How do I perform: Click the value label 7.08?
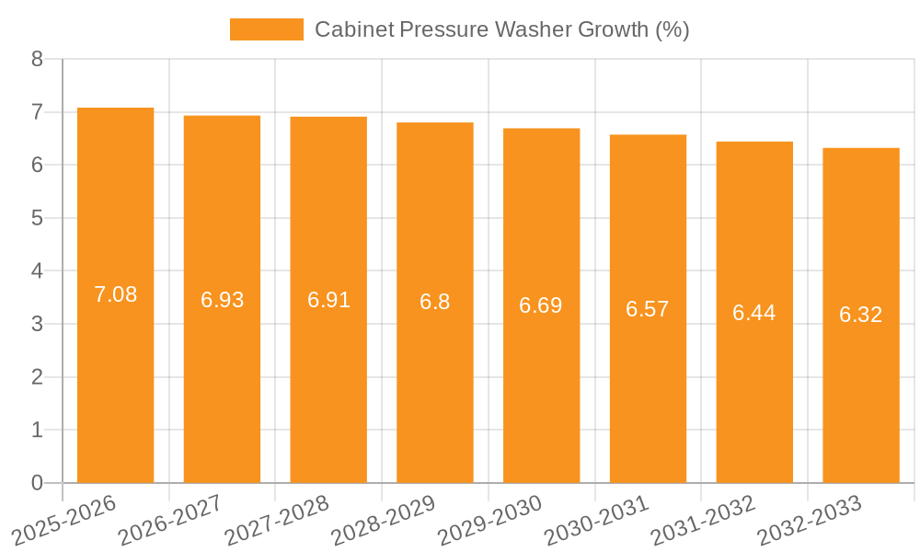[115, 294]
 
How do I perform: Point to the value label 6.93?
[222, 300]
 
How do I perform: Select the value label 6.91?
[328, 300]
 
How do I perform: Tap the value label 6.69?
[541, 305]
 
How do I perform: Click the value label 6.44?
[754, 313]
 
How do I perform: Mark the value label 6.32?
[861, 315]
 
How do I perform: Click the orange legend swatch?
[266, 29]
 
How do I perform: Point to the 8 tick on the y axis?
[37, 59]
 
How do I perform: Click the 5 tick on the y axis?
[37, 218]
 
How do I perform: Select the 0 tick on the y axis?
[37, 483]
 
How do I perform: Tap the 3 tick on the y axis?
[37, 324]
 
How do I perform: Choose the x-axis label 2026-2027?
[170, 520]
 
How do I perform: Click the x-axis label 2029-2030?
[489, 520]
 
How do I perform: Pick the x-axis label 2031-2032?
[703, 520]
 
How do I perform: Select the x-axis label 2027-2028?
[277, 520]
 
